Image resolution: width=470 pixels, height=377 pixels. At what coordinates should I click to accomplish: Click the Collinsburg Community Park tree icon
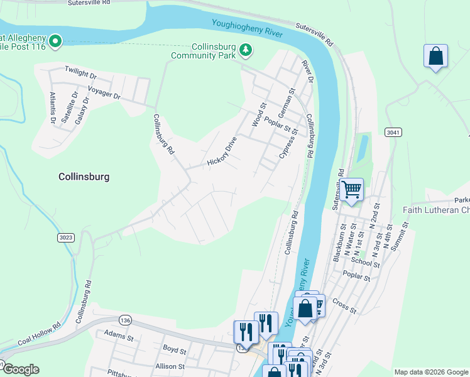[246, 49]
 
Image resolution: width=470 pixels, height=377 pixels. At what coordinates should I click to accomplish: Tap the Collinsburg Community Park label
[204, 50]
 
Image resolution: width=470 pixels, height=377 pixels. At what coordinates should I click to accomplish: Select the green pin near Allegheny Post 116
[55, 41]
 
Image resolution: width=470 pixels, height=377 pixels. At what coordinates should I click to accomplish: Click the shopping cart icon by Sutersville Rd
[351, 188]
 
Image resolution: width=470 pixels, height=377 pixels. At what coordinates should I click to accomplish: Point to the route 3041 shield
[393, 132]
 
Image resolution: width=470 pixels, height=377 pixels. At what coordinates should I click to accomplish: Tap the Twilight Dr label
[80, 74]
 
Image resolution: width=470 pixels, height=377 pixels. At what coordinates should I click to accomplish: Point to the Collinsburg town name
[84, 177]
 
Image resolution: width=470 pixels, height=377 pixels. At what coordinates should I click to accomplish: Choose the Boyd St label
[175, 350]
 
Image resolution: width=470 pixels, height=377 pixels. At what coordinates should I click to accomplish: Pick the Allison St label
[170, 366]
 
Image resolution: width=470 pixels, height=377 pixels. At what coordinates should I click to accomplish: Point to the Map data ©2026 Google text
[431, 372]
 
